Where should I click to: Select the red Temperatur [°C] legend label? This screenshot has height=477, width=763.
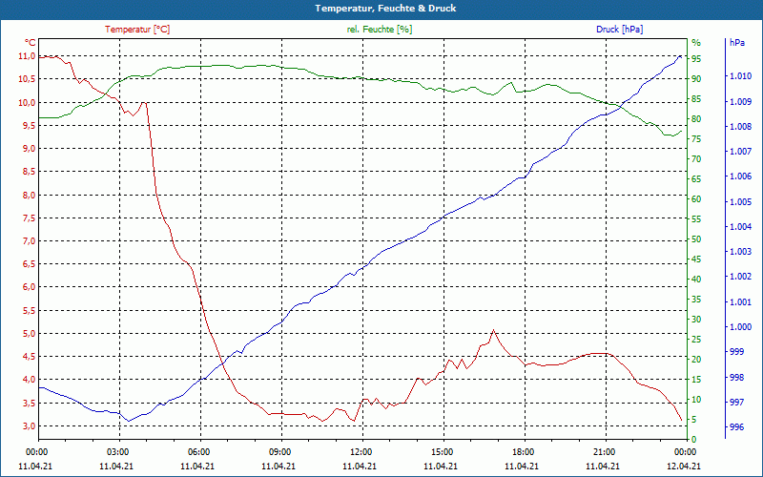click(x=137, y=30)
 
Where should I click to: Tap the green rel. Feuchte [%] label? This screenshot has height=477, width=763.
click(x=380, y=30)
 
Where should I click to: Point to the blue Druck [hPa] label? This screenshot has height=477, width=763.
click(x=619, y=30)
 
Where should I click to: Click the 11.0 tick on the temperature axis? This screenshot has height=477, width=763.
click(x=27, y=56)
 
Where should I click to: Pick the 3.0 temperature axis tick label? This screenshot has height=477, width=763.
click(x=27, y=425)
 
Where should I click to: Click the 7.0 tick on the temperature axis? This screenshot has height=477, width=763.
click(x=27, y=241)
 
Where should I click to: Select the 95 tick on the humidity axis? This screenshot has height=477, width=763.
click(x=696, y=59)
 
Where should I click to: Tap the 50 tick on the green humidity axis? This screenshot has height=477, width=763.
click(x=696, y=239)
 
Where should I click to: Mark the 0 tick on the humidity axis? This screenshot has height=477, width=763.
click(x=693, y=440)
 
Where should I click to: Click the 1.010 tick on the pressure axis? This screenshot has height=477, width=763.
click(x=738, y=76)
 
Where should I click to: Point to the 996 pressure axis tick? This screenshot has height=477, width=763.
click(x=736, y=428)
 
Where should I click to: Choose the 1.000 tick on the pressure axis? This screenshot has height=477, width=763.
click(x=738, y=327)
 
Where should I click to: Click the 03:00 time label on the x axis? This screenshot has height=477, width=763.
click(x=118, y=451)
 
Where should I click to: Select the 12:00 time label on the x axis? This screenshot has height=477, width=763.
click(x=361, y=451)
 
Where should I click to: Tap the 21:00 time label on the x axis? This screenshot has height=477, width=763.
click(x=604, y=451)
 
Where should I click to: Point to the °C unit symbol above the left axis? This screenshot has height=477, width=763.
click(x=31, y=43)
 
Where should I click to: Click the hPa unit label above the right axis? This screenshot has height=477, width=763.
click(x=737, y=43)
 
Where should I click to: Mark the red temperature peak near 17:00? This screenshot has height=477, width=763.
click(x=493, y=330)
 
